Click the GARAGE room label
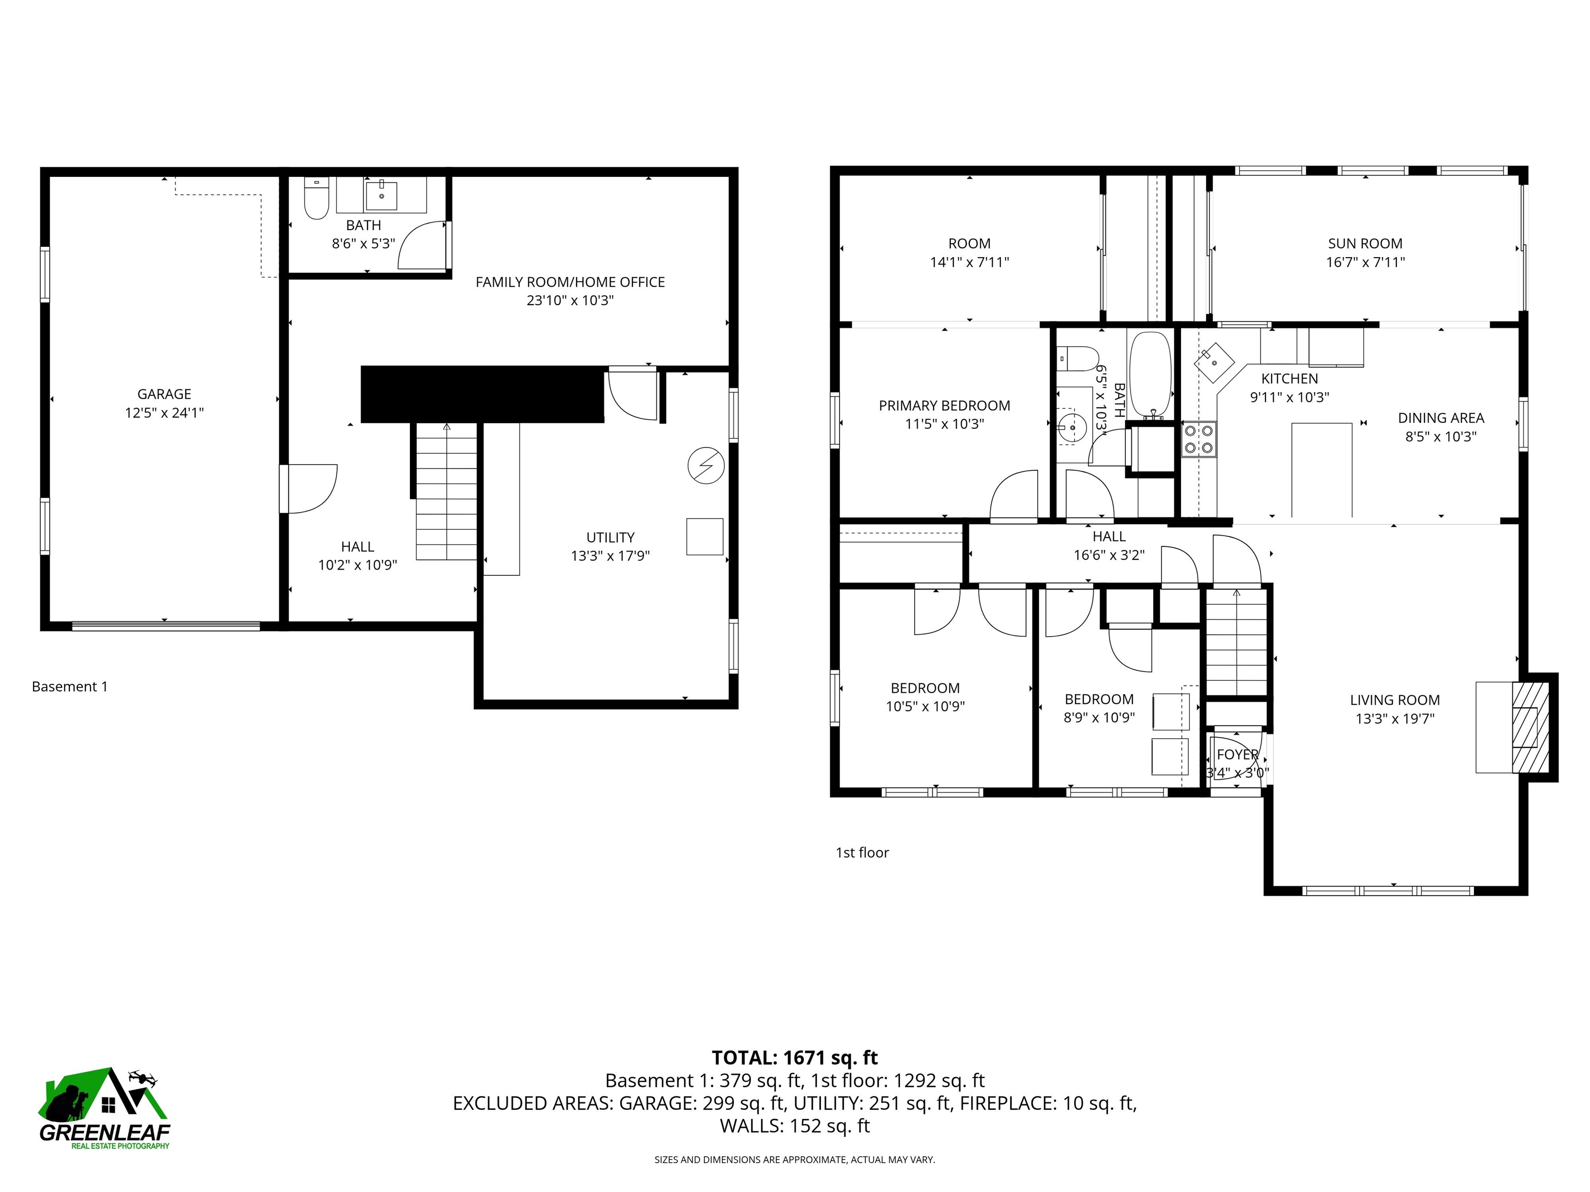pos(164,394)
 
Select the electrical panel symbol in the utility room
pos(705,466)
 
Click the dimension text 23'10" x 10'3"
pos(569,301)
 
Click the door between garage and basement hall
pos(309,488)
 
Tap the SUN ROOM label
pos(1364,244)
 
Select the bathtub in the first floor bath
pos(1150,376)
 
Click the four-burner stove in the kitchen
pos(1199,440)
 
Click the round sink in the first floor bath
pos(1072,427)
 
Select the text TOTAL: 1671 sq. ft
pos(794,1057)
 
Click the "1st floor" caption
pos(862,853)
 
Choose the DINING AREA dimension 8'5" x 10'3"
pos(1440,436)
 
